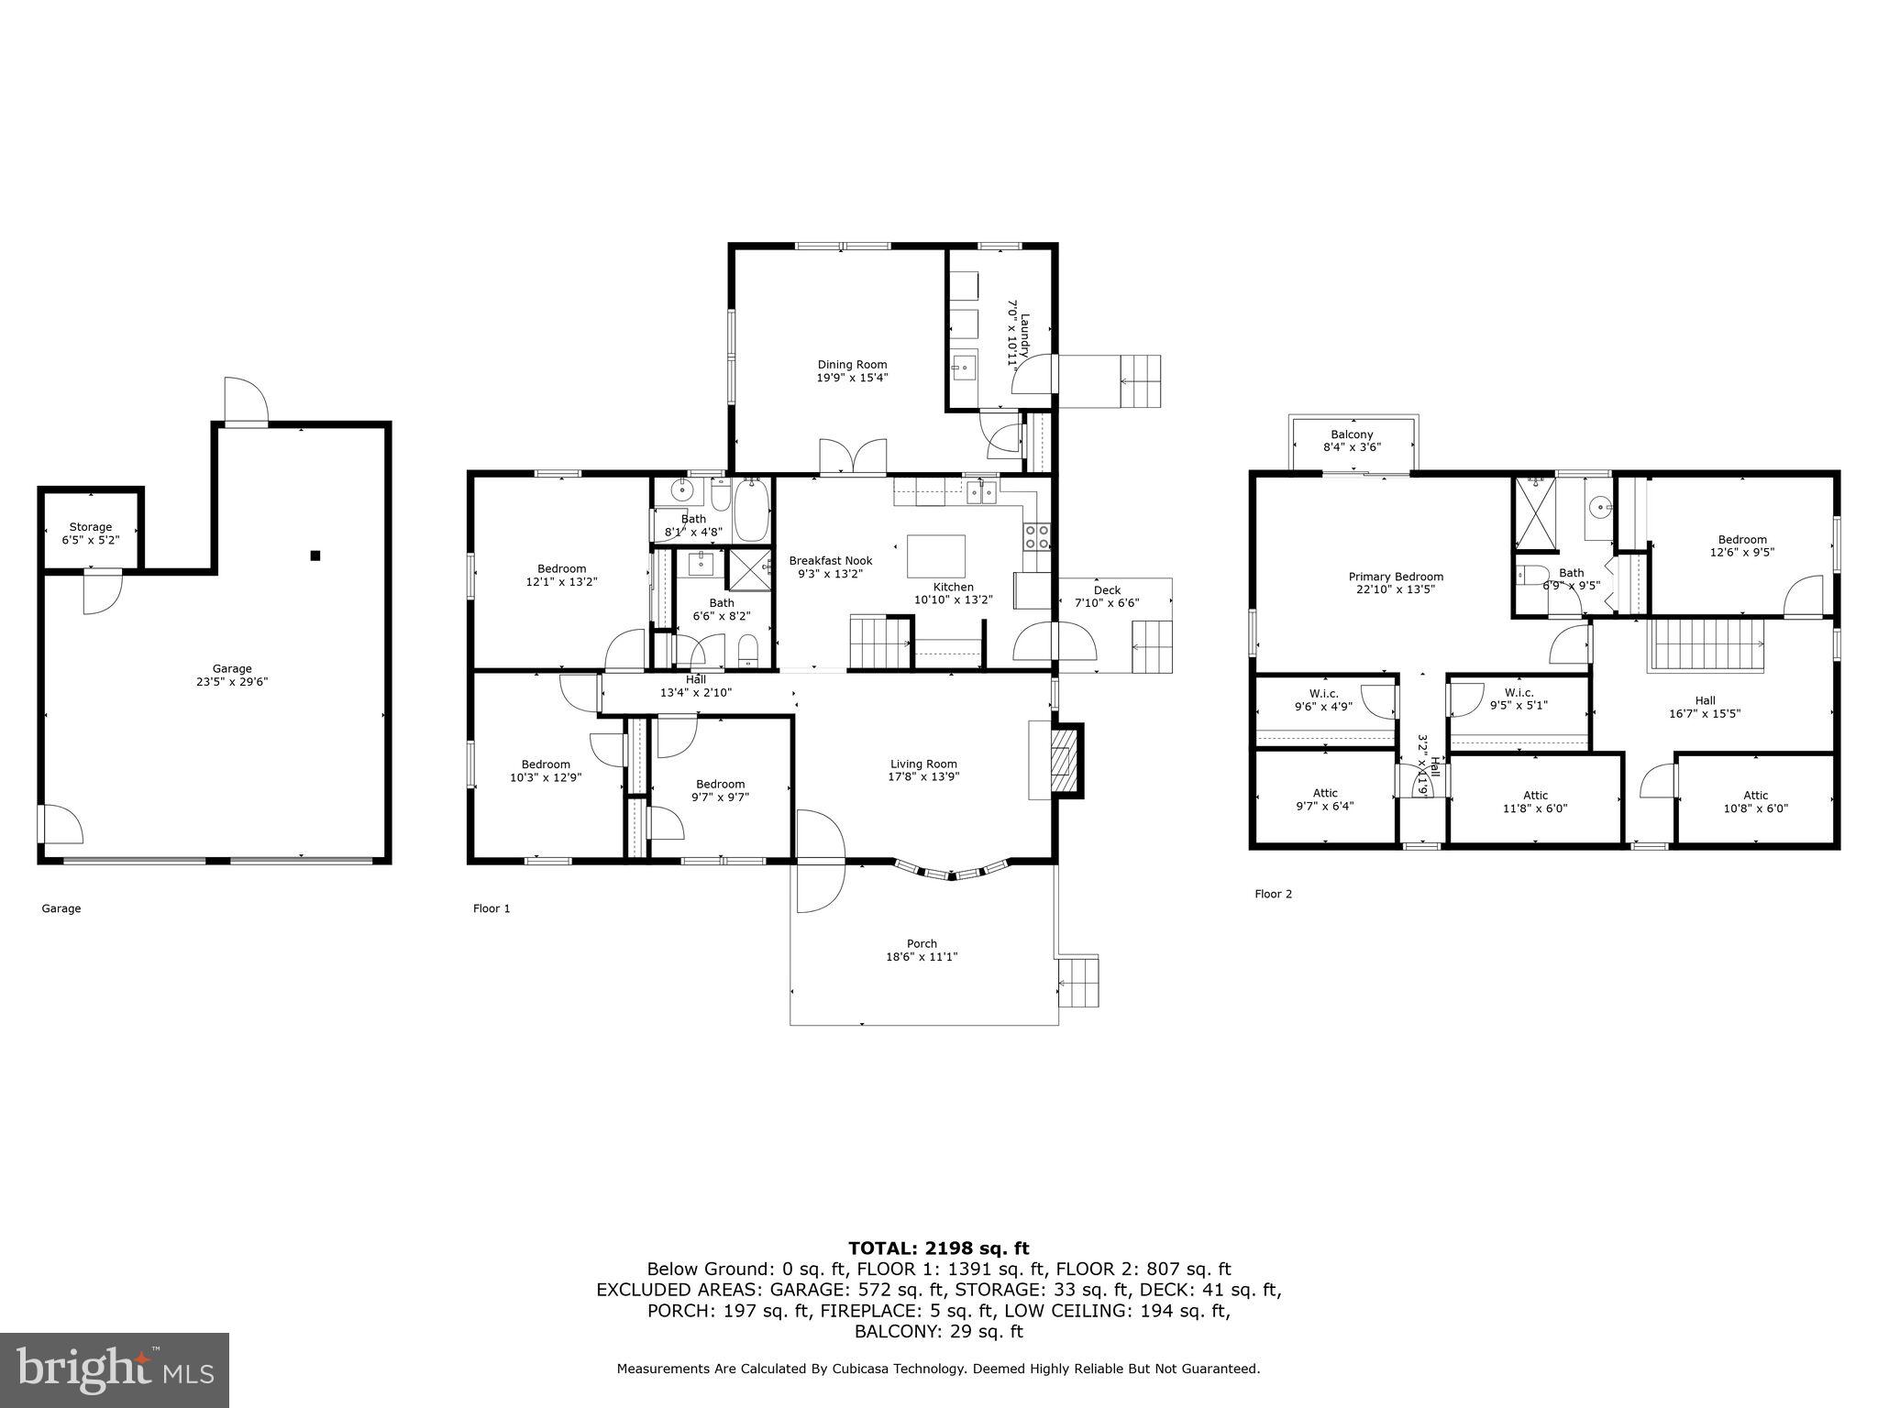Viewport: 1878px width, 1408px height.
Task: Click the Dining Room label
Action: [852, 365]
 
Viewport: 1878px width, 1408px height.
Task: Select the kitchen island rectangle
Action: [936, 555]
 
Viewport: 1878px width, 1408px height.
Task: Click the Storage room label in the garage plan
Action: [91, 527]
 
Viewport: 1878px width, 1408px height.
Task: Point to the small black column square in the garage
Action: [315, 555]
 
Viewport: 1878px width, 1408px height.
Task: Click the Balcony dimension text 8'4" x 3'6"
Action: [1352, 447]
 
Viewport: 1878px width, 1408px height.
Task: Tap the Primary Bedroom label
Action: [1396, 577]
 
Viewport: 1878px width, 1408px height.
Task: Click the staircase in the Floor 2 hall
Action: [1707, 644]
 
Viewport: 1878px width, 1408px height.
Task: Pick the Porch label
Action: [922, 943]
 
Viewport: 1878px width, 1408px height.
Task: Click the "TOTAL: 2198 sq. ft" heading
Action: [938, 1248]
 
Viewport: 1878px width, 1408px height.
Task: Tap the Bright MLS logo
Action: [115, 1370]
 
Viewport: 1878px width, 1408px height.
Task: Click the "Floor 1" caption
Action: [491, 908]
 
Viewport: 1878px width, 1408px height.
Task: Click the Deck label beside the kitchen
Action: [1107, 590]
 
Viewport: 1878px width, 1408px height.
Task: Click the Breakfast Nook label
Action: [830, 561]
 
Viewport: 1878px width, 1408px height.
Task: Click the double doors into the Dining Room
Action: [854, 457]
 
